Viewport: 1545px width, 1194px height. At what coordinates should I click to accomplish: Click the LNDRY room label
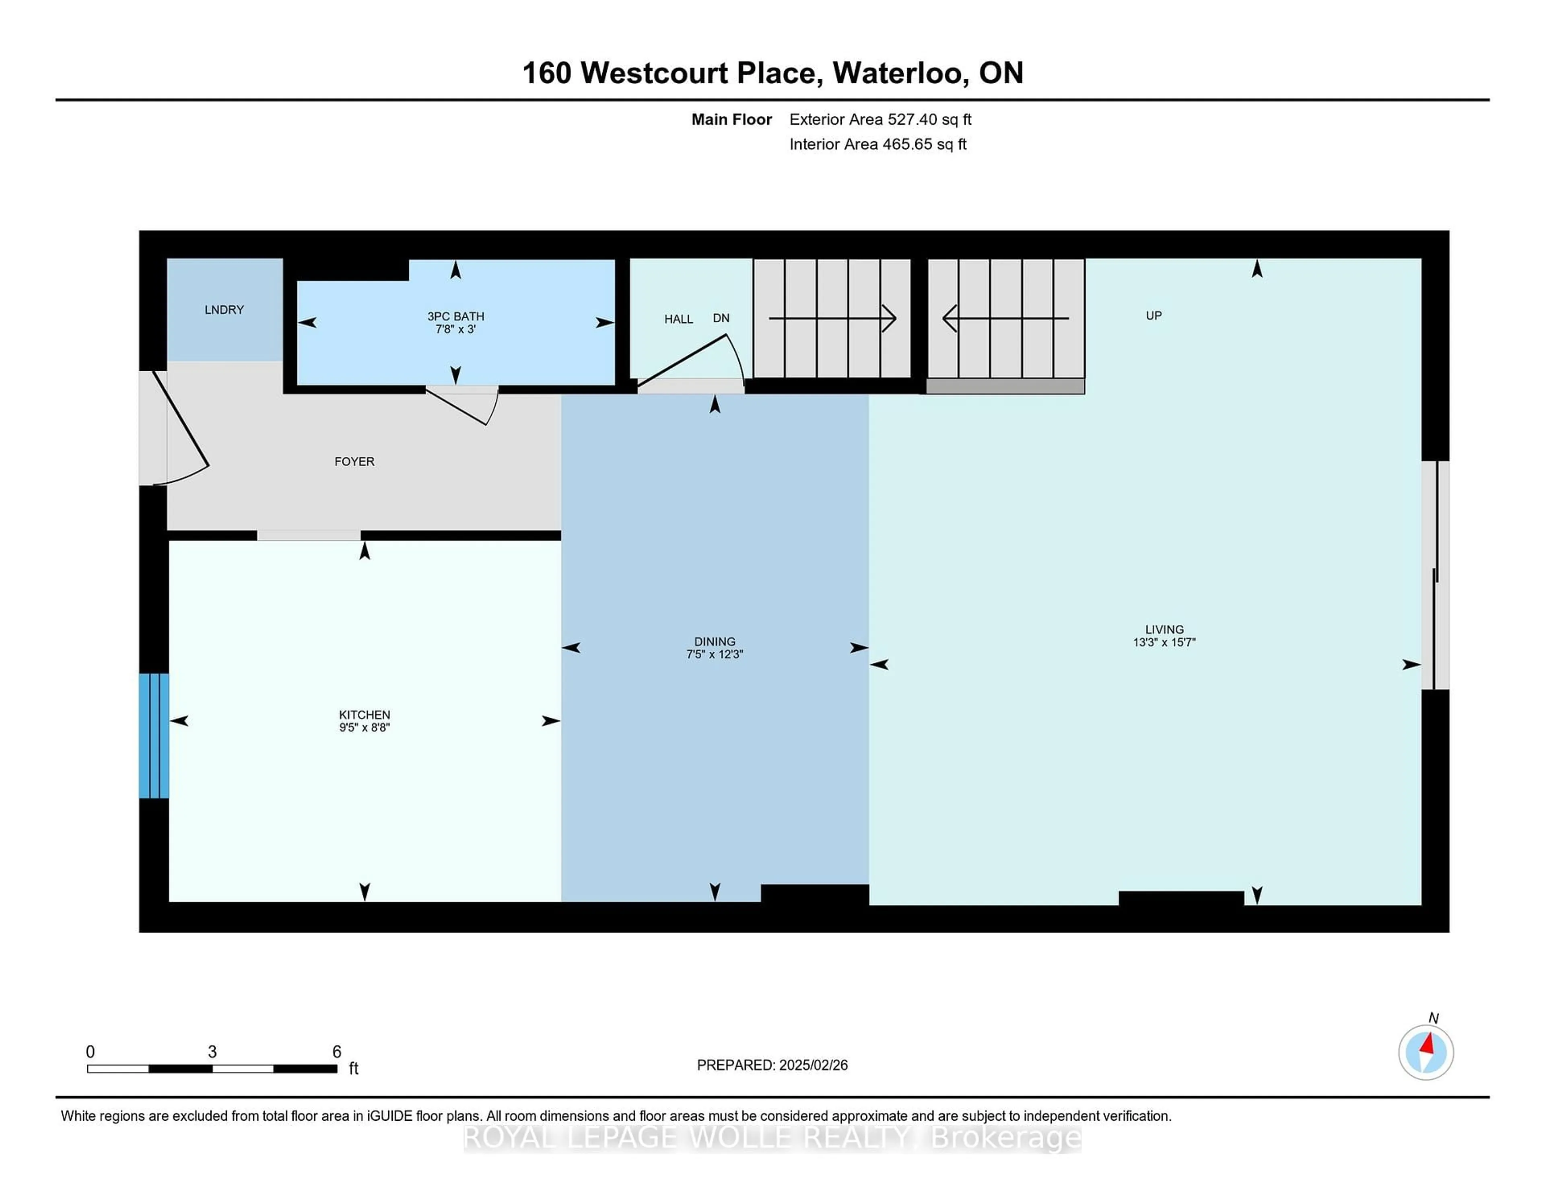pyautogui.click(x=224, y=310)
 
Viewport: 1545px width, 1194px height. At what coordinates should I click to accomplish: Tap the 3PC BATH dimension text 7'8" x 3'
pyautogui.click(x=455, y=329)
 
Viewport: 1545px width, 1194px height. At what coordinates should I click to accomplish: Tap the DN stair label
pyautogui.click(x=721, y=318)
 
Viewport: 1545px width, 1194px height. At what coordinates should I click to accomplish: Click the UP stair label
pyautogui.click(x=1154, y=315)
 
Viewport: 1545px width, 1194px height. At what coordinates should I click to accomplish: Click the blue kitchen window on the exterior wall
pyautogui.click(x=154, y=736)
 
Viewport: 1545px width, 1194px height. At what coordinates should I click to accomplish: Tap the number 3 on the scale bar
pyautogui.click(x=212, y=1052)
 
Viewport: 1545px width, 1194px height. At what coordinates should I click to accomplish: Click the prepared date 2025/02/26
pyautogui.click(x=812, y=1065)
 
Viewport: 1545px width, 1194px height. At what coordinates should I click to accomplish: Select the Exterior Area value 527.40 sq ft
pyautogui.click(x=929, y=119)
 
